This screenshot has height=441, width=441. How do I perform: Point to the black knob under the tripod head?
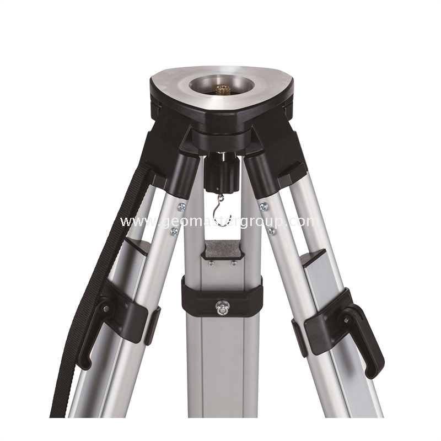coord(222,175)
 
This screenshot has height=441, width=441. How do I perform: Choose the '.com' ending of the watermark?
coord(304,222)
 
